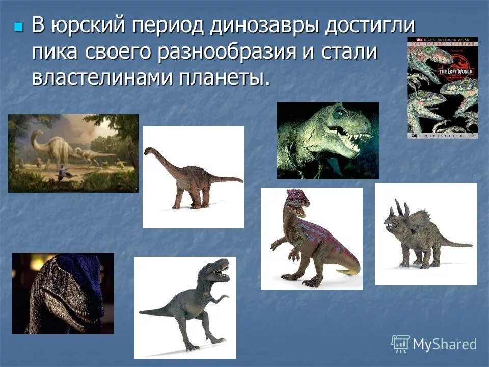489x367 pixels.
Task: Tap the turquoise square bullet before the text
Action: [x=19, y=26]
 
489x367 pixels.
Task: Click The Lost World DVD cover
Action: [x=442, y=87]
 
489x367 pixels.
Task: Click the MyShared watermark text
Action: [x=445, y=344]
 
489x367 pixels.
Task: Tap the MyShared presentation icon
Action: [x=400, y=344]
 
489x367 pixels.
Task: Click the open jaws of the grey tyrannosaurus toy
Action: [x=223, y=270]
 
